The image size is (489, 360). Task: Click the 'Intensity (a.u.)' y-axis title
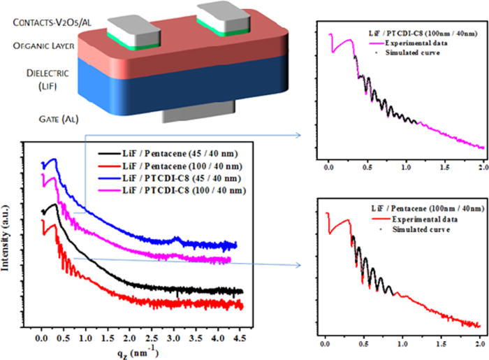[x=8, y=238]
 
